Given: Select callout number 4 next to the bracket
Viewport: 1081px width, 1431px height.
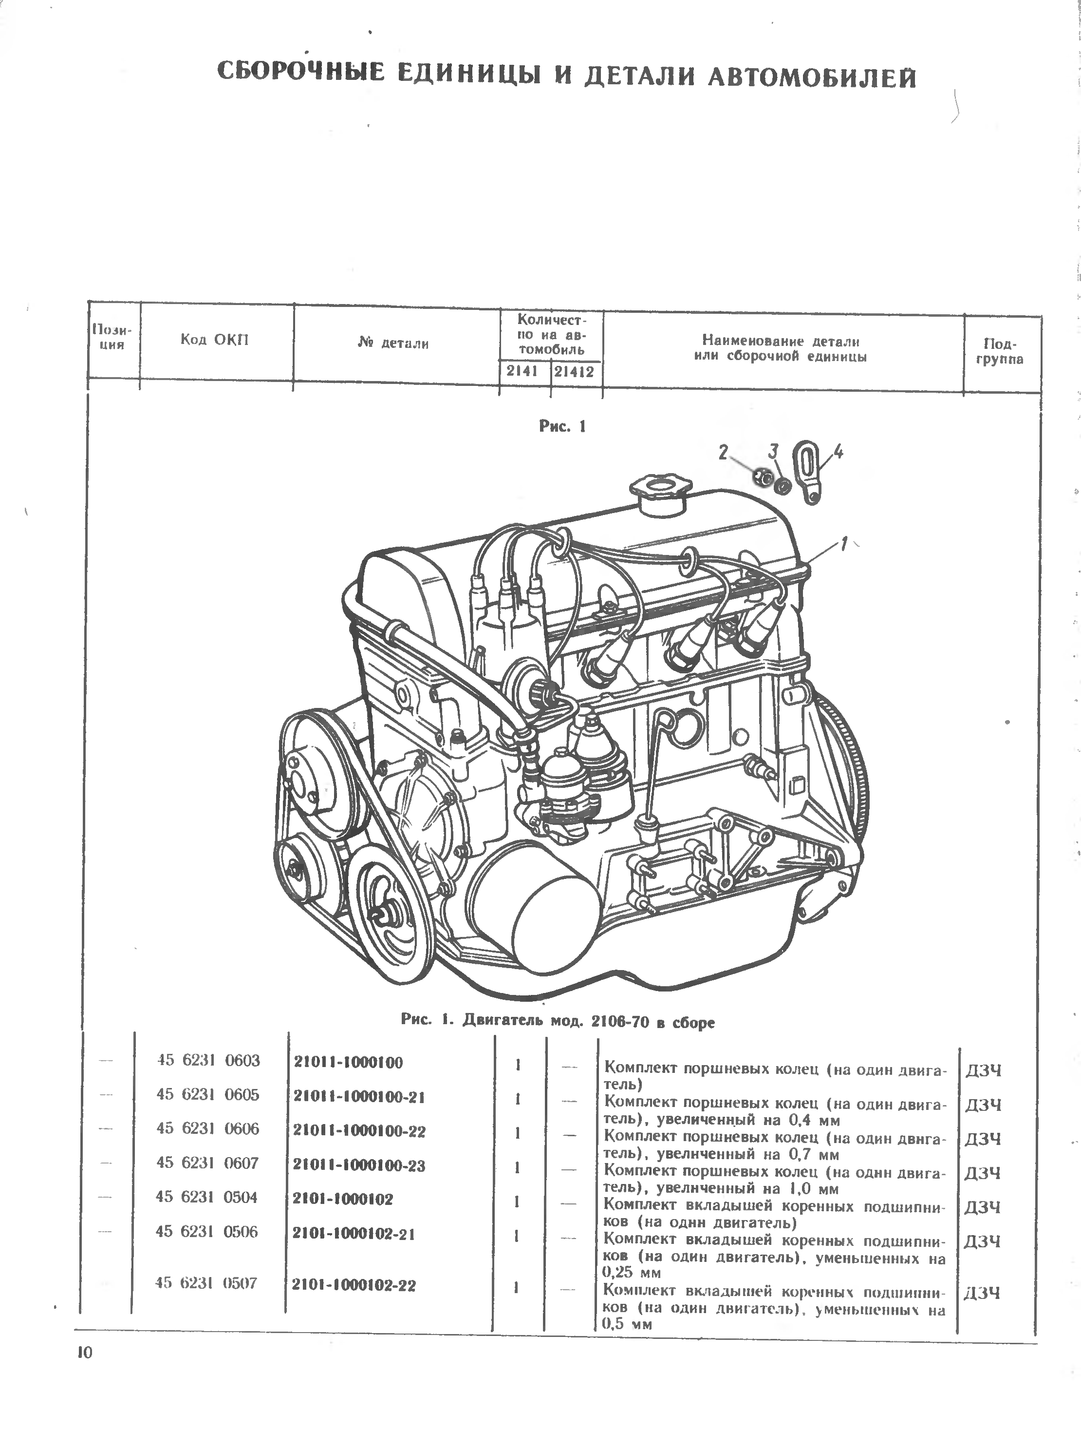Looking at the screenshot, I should point(838,452).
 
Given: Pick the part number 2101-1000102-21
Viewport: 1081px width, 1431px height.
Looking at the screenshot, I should point(353,1233).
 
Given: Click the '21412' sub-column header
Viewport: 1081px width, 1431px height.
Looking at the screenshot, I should point(574,373).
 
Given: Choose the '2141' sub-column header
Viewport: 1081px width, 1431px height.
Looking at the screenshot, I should point(522,371).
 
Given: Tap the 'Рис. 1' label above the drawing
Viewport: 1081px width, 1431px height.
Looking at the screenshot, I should point(562,426).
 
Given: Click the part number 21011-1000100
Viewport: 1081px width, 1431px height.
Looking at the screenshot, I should point(349,1062).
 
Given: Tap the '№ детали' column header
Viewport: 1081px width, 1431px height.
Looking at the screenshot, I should point(393,343).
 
